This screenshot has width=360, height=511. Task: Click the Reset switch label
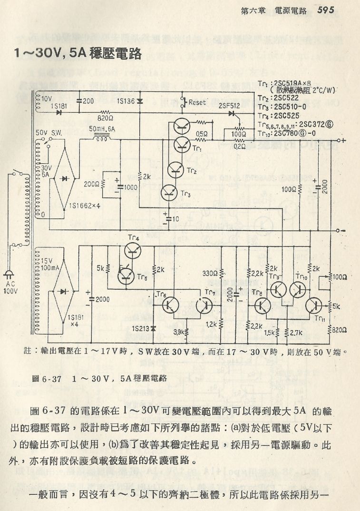coord(197,101)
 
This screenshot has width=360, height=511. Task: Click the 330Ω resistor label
coord(210,274)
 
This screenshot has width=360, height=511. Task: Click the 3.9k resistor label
coord(179,332)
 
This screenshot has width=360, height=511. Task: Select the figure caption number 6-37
coord(50,379)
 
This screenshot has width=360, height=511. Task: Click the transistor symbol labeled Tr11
coord(314,305)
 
